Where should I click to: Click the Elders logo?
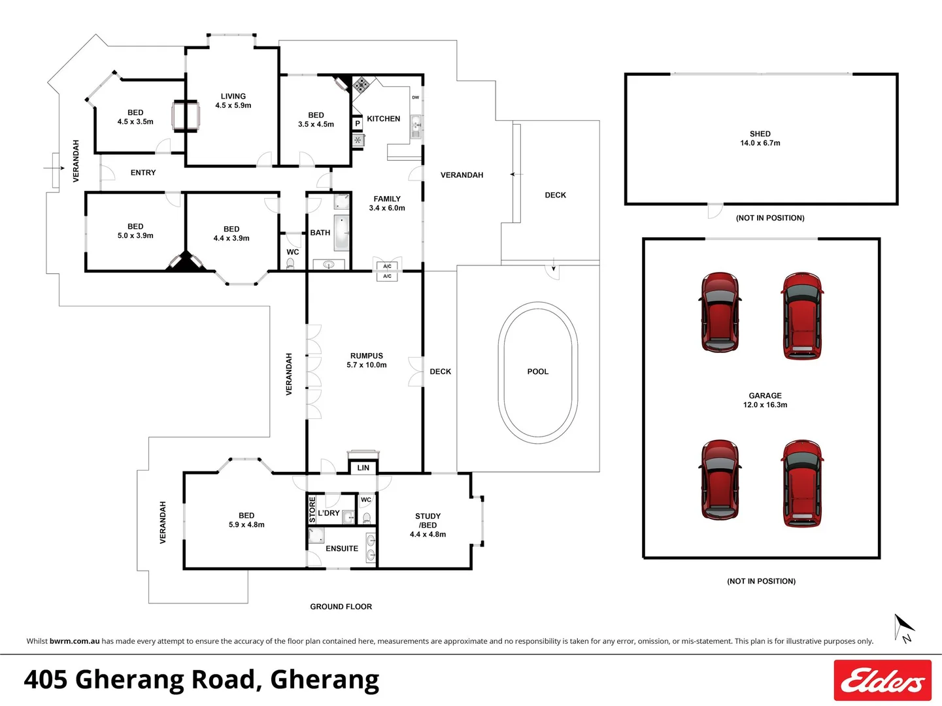click(882, 681)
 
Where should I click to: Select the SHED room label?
click(760, 133)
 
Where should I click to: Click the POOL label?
click(537, 371)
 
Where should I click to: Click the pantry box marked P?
click(358, 124)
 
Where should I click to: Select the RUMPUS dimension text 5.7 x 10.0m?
click(366, 365)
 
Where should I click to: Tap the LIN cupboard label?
click(363, 468)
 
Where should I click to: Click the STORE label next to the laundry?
click(312, 510)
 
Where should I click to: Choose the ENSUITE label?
click(341, 548)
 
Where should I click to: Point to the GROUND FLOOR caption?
click(341, 607)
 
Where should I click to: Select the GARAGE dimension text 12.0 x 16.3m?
click(765, 405)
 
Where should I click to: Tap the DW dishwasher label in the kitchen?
click(415, 97)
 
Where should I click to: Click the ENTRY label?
click(143, 173)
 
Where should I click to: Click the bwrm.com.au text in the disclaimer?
click(75, 641)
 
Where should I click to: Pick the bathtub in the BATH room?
click(342, 233)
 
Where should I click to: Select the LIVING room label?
click(233, 96)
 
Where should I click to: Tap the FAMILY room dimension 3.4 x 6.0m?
click(386, 208)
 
